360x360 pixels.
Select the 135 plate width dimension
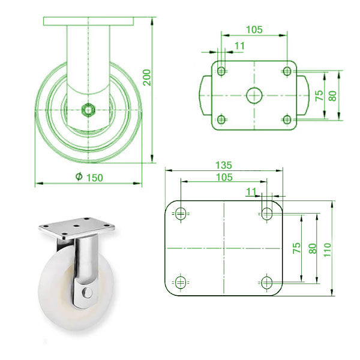(x=223, y=165)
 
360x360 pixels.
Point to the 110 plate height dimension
(x=327, y=247)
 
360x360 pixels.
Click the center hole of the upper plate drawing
(x=253, y=95)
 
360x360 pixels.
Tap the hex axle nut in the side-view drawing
(x=89, y=109)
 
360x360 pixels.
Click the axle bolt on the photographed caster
(x=88, y=293)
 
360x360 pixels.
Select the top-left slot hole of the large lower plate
(x=181, y=212)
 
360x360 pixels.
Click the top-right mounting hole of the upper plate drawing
(x=286, y=71)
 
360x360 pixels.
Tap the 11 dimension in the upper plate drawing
(x=240, y=46)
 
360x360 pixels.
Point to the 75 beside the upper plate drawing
(x=319, y=95)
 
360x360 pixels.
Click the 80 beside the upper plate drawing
(x=334, y=95)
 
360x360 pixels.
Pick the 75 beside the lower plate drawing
(x=296, y=247)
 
